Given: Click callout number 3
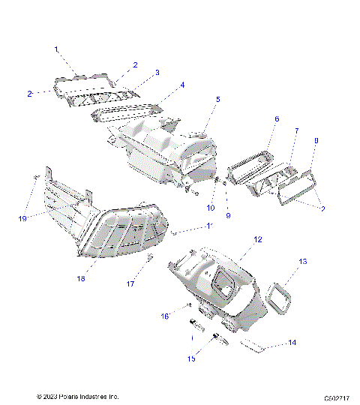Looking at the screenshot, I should (x=157, y=73).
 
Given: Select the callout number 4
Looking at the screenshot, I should (x=182, y=85).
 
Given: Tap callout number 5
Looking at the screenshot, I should (x=218, y=100).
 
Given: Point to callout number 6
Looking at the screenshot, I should (x=276, y=119).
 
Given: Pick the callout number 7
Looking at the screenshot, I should (x=296, y=131).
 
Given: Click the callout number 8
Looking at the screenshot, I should (x=316, y=140).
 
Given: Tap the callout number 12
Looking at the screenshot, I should (x=257, y=239).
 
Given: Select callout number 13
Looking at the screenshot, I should (x=303, y=262).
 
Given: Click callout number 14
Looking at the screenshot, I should (x=292, y=343).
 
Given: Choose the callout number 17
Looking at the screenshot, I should (x=130, y=284).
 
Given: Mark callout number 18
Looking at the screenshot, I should (x=81, y=279).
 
